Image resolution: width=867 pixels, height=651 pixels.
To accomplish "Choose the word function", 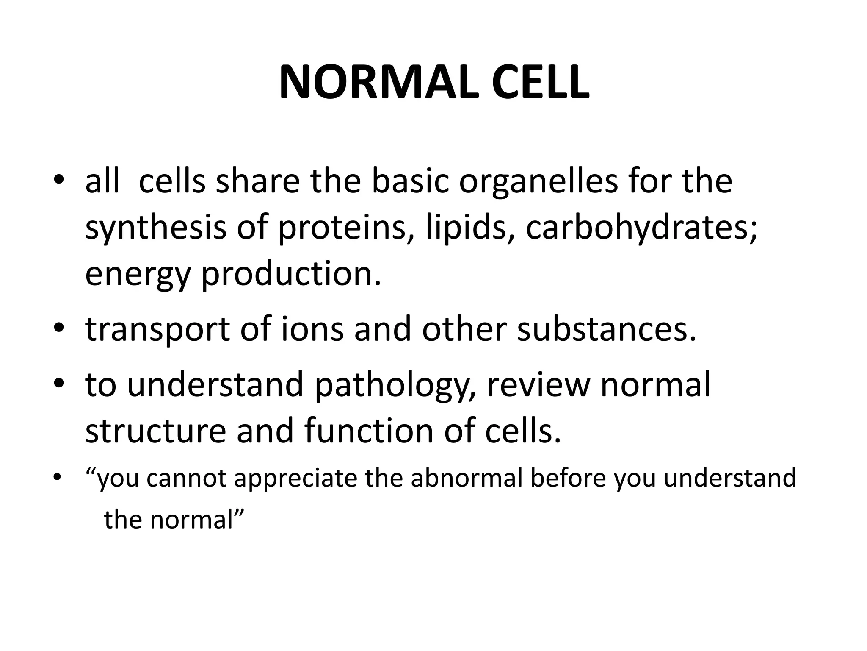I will (369, 431).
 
